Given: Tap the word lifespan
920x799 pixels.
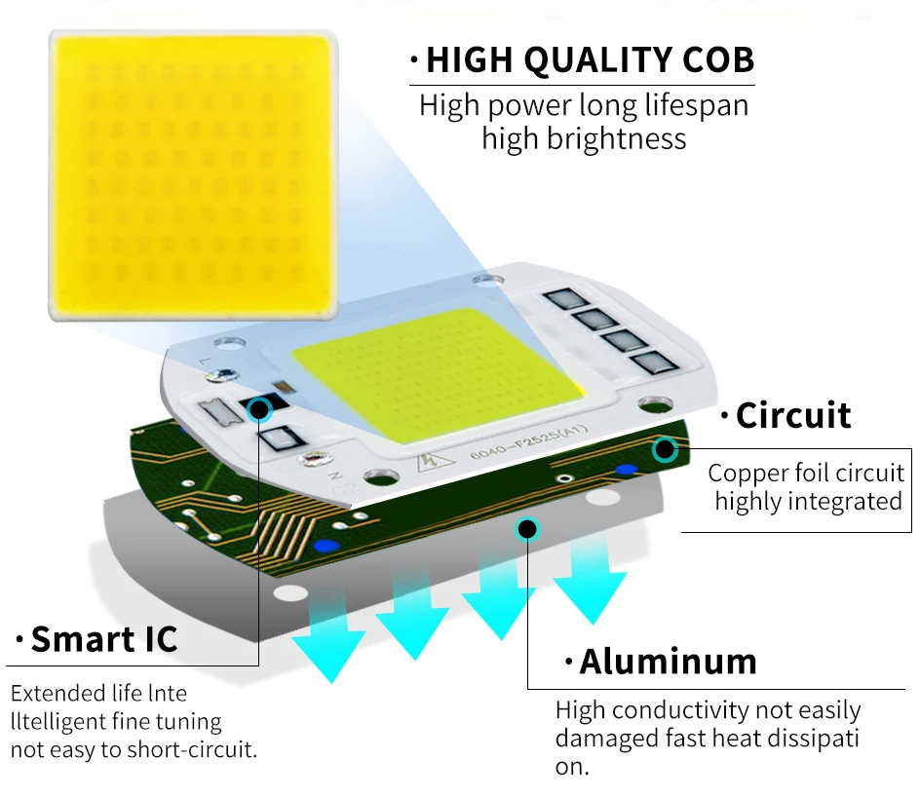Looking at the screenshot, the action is click(697, 106).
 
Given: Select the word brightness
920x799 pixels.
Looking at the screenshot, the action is click(617, 139).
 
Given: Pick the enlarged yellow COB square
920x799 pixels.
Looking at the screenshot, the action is click(193, 174).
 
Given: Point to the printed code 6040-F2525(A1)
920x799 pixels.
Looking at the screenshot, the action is click(528, 441).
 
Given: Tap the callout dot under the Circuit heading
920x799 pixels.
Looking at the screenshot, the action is click(665, 449).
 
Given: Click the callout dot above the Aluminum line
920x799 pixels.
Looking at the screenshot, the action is click(527, 529).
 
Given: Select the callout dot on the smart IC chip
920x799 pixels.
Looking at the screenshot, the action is click(259, 409).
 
